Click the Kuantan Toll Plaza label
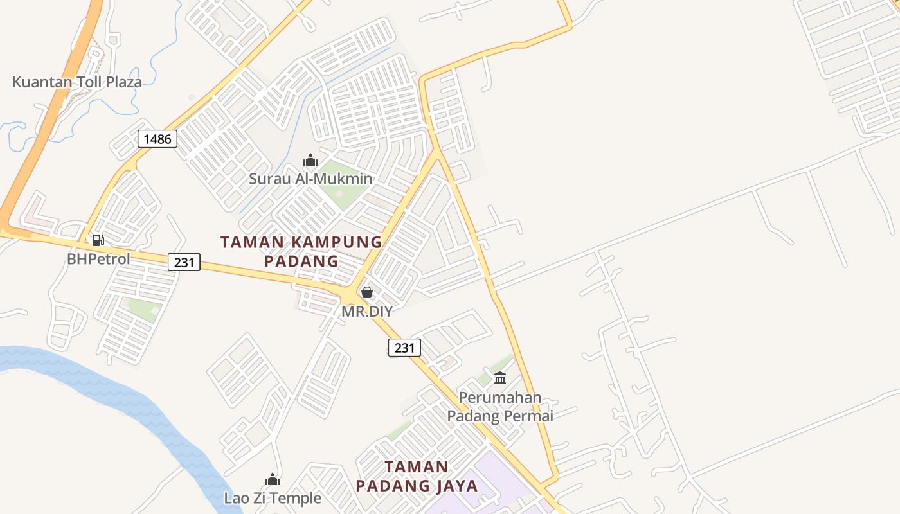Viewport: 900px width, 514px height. [x=77, y=82]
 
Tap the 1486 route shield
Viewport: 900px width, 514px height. [x=157, y=138]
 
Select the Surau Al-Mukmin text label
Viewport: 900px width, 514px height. [x=310, y=179]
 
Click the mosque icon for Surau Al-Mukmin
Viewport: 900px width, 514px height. [x=310, y=160]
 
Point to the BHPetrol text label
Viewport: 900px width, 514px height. [x=98, y=259]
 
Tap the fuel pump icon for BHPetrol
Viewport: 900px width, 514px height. [x=98, y=240]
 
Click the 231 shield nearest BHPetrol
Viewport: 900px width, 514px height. [x=184, y=262]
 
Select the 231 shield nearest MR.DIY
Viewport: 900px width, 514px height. [x=404, y=348]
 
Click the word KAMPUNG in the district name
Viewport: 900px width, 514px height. [x=336, y=242]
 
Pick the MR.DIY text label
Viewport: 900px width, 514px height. [x=366, y=312]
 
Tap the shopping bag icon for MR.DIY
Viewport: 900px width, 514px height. [x=366, y=293]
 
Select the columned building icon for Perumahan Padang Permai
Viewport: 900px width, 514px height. [x=500, y=378]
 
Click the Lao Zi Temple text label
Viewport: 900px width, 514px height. [x=273, y=498]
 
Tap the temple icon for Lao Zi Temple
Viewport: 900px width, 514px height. [x=273, y=479]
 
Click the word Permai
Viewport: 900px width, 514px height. [x=528, y=416]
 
